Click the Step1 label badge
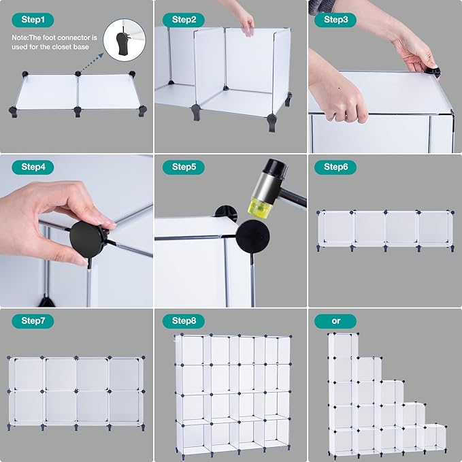click(33, 20)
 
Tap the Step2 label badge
click(184, 20)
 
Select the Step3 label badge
click(335, 20)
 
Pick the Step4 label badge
click(33, 167)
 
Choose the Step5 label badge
click(184, 167)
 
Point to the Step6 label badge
click(335, 167)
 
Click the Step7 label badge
click(33, 321)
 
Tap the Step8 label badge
click(184, 321)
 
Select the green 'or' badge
click(335, 321)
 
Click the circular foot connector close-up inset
click(125, 40)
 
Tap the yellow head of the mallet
click(260, 207)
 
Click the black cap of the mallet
click(275, 167)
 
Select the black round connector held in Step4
click(87, 240)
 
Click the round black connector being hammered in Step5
click(252, 237)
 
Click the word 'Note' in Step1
click(19, 37)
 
